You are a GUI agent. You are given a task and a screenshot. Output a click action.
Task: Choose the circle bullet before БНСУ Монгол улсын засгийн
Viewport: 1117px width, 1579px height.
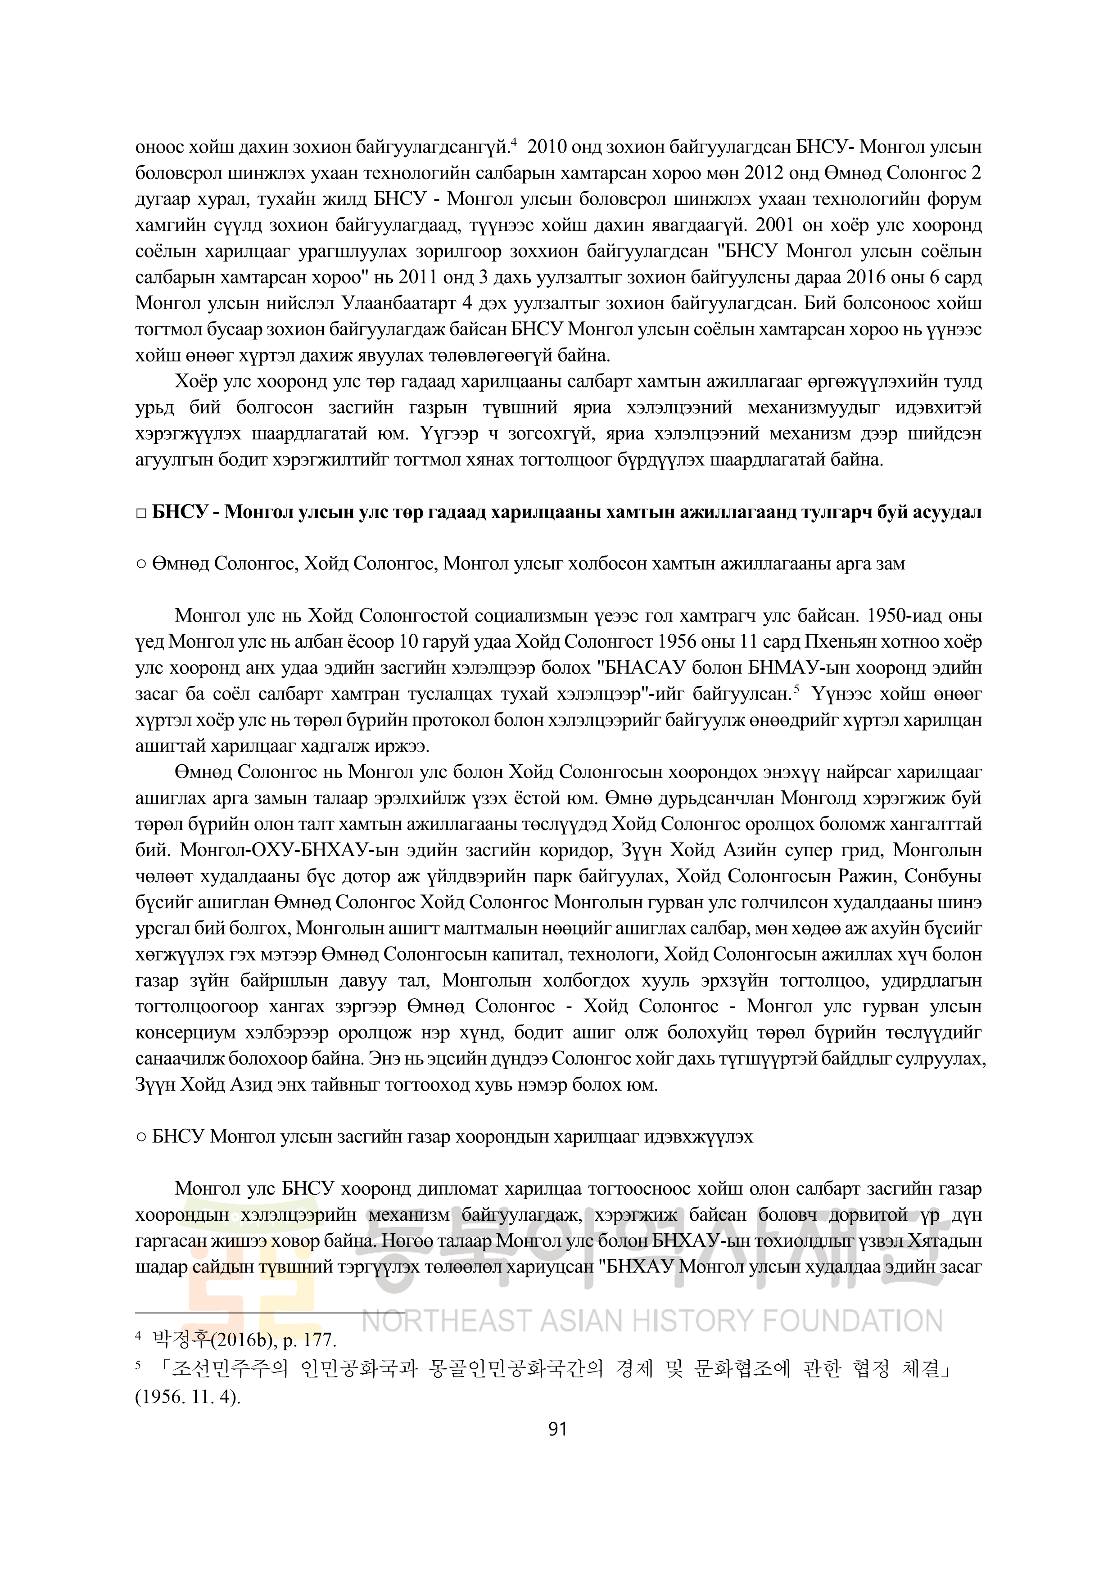click(140, 1137)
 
